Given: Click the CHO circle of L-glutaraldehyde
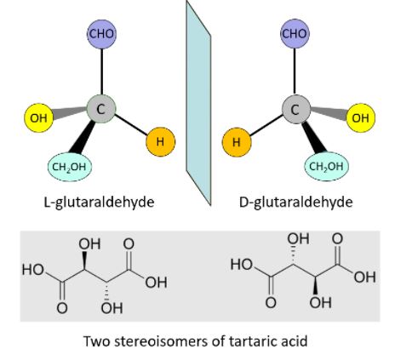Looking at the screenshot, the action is (x=101, y=34).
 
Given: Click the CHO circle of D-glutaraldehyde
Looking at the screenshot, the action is (x=295, y=34).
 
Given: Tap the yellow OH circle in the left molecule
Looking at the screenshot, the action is (x=38, y=117).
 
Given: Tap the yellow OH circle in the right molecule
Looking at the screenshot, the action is (x=360, y=117).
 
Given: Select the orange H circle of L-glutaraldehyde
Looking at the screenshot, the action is (x=161, y=141).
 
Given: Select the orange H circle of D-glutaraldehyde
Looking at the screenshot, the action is (x=237, y=142).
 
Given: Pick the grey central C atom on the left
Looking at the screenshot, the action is (x=101, y=109).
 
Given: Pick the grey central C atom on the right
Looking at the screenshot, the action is (x=296, y=109).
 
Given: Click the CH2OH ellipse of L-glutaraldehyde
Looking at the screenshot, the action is (x=70, y=167).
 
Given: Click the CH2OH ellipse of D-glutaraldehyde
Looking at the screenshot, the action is (x=326, y=167).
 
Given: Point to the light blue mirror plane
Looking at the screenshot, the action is (x=198, y=103).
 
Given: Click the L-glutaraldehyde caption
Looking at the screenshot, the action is (x=100, y=203).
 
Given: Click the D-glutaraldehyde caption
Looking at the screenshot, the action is (x=296, y=203).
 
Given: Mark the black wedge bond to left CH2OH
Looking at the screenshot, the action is (x=83, y=137).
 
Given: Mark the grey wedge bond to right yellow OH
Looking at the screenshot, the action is (x=329, y=112).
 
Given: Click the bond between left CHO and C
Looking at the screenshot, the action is (x=101, y=71).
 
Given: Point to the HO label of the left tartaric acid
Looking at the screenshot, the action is (x=33, y=270).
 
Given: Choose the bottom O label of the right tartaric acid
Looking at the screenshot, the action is (x=271, y=303).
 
